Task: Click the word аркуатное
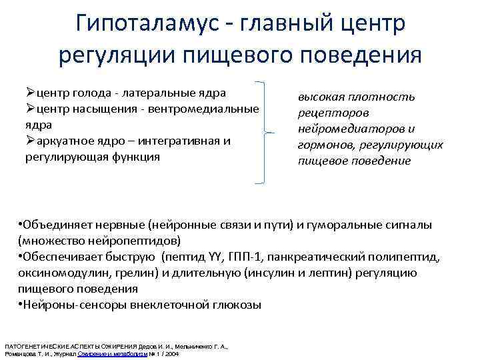63,141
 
